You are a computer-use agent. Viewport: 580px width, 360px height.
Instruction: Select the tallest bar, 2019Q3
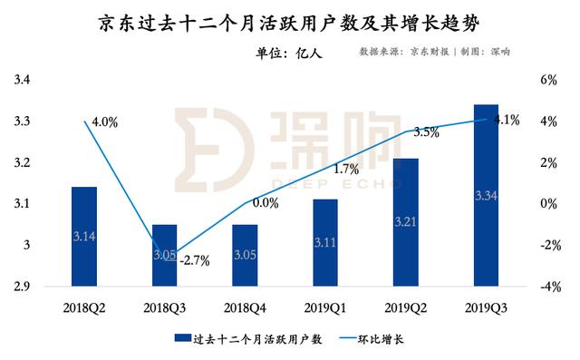[487, 195]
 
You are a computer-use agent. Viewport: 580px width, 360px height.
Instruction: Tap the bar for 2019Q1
[325, 242]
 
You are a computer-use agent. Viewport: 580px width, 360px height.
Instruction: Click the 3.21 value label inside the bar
[406, 220]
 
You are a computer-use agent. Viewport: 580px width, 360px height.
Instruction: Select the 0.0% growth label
[266, 203]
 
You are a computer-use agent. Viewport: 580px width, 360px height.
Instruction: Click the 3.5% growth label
[426, 132]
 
